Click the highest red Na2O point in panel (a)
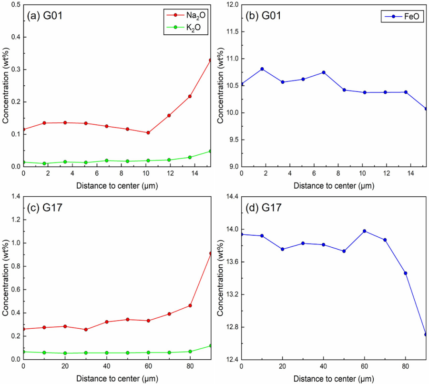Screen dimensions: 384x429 tap(210, 60)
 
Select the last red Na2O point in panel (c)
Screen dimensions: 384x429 tap(210, 253)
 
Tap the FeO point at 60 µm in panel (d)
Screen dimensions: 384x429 tap(365, 231)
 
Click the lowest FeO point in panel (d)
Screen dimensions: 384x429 tap(426, 334)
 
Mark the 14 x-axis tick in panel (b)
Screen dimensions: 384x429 tap(406, 174)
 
